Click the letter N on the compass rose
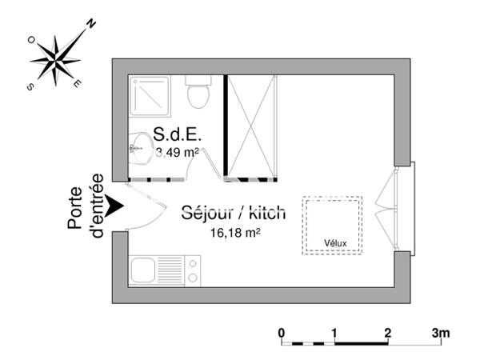click(x=91, y=25)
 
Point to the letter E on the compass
click(x=76, y=82)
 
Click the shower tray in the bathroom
click(x=150, y=96)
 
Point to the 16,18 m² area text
click(x=235, y=234)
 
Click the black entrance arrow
click(x=115, y=206)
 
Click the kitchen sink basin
click(x=142, y=270)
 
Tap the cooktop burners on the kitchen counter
click(x=193, y=270)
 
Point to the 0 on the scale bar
click(x=282, y=332)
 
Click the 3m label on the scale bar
click(x=442, y=332)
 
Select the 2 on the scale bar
click(x=387, y=332)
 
